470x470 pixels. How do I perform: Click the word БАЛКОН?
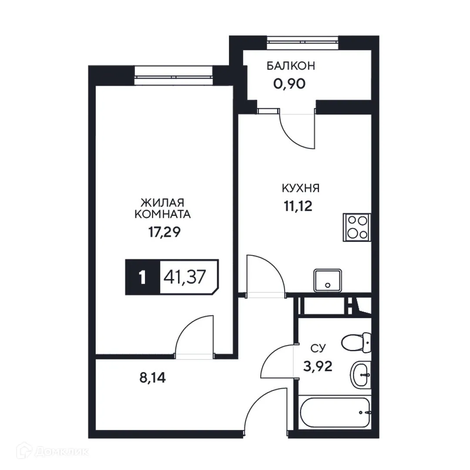(x=291, y=66)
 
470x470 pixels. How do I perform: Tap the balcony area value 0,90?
(x=291, y=83)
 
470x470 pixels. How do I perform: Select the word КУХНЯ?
(x=301, y=188)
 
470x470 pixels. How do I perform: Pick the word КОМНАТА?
(x=163, y=214)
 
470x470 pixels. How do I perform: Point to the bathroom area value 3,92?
(x=318, y=366)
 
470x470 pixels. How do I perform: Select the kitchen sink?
(x=328, y=280)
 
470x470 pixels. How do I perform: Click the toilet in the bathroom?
(x=356, y=342)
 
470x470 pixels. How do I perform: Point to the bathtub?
(x=335, y=412)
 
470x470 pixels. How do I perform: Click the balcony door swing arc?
(x=296, y=131)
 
